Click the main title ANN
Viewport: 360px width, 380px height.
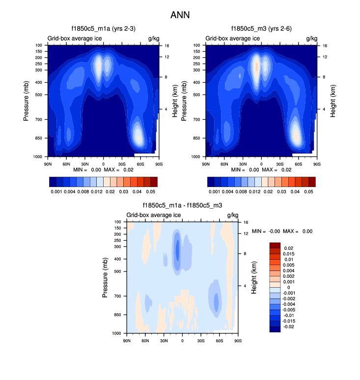(x=180, y=15)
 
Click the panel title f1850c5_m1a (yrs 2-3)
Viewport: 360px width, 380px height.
(x=104, y=29)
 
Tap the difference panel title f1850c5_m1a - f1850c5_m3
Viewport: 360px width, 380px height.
(x=183, y=206)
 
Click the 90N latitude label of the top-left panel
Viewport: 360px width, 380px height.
(x=48, y=163)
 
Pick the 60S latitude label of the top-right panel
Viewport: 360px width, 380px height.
(x=298, y=163)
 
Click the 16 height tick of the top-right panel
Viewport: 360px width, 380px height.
(x=325, y=45)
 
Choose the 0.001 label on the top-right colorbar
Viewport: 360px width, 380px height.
(x=214, y=191)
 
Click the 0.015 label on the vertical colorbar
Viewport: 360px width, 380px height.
(x=290, y=253)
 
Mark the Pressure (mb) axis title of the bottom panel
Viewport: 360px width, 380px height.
(x=105, y=277)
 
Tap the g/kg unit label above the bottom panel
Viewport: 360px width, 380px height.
(x=232, y=215)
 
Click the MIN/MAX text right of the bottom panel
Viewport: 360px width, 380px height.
(x=282, y=231)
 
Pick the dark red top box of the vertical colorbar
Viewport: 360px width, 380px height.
(x=275, y=244)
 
